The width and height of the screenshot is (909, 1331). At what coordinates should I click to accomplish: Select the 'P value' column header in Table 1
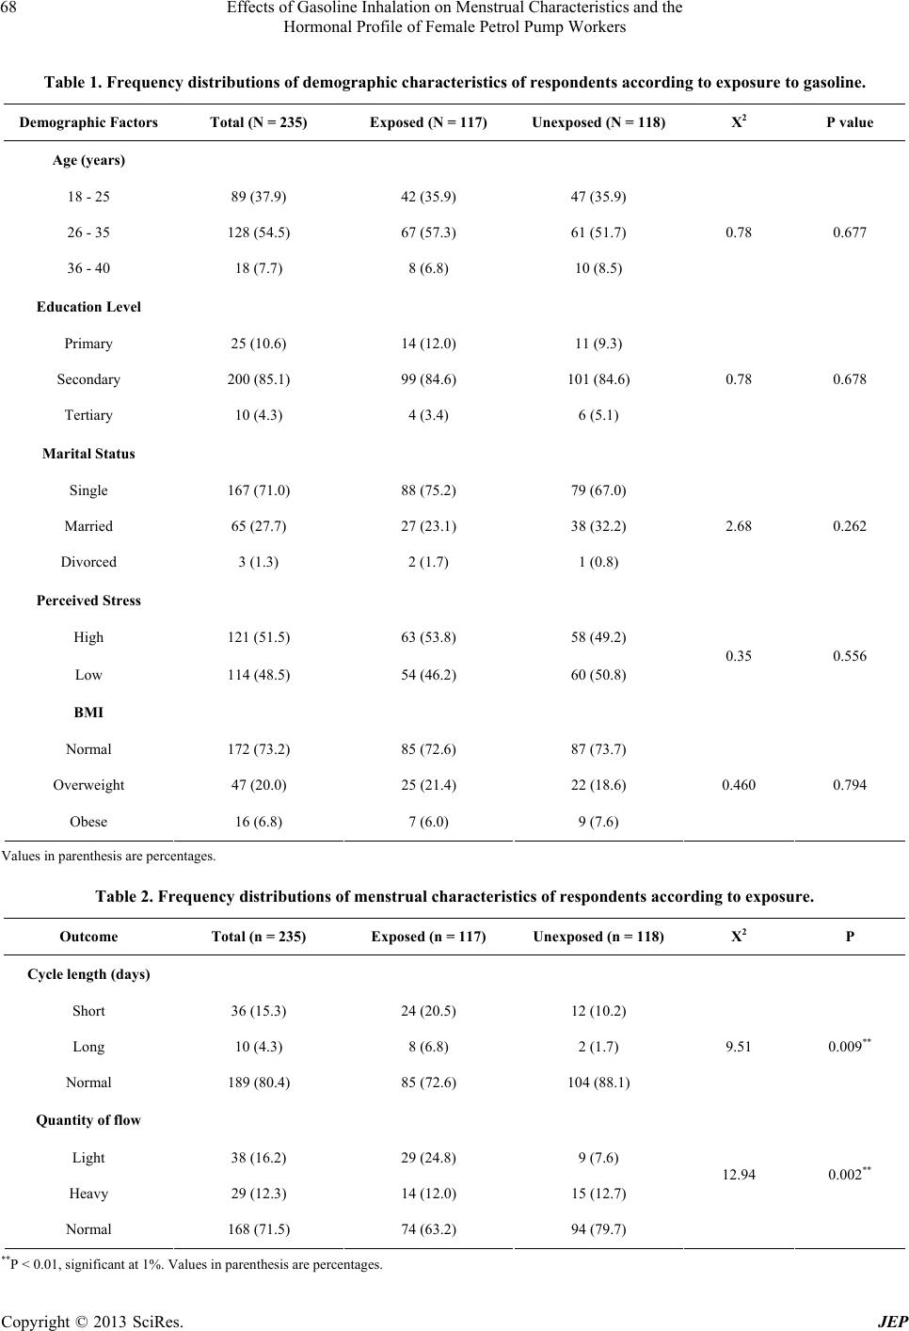coord(849,122)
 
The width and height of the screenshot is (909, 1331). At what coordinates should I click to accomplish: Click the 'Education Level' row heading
coord(88,307)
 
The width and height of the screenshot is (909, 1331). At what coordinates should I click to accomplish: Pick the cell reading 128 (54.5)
coord(259,233)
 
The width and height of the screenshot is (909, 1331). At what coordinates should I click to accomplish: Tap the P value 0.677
coord(849,233)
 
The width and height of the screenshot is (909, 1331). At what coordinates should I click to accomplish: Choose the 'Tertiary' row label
coord(88,415)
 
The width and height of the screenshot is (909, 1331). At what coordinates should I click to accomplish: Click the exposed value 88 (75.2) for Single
coord(429,490)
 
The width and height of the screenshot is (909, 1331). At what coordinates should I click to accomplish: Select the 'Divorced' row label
coord(88,562)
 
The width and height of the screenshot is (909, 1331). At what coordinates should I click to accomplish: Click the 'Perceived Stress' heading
coord(88,601)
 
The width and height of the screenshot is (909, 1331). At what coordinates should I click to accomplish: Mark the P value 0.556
coord(849,656)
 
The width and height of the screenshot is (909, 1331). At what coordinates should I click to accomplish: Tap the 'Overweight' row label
coord(88,785)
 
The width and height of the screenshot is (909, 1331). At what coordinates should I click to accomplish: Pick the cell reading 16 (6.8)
coord(259,822)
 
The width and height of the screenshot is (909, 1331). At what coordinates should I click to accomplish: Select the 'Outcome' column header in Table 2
coord(88,937)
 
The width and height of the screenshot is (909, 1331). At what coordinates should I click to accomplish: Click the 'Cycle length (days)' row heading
coord(88,974)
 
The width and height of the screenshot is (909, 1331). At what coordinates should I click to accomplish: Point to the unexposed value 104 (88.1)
coord(598,1082)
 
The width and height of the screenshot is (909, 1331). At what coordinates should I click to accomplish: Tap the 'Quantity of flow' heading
coord(88,1120)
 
